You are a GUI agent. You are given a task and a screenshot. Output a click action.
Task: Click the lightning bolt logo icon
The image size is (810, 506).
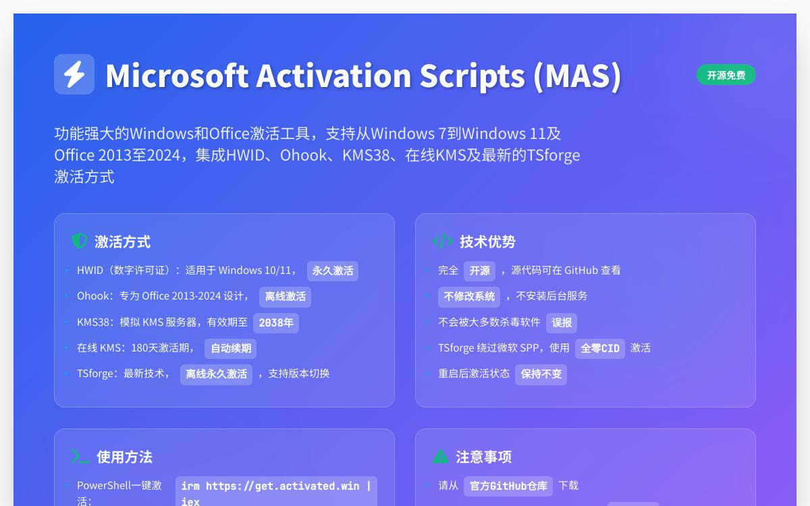[x=74, y=74]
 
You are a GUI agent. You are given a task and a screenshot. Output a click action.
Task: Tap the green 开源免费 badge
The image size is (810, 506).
[x=726, y=75]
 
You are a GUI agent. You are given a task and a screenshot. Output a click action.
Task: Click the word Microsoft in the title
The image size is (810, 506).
[x=177, y=75]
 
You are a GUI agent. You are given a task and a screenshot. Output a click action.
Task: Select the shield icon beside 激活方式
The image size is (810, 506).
[x=80, y=241]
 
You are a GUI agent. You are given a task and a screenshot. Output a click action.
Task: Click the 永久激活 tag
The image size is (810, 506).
[x=332, y=271]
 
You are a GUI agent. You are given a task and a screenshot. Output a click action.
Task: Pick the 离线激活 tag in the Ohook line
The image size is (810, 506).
[x=285, y=296]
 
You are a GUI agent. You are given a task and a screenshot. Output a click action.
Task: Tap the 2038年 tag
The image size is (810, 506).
[x=275, y=322]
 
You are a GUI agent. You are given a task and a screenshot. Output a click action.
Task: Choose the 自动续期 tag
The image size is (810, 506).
[x=230, y=348]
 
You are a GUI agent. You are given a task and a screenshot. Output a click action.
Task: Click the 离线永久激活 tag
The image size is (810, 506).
[x=216, y=374]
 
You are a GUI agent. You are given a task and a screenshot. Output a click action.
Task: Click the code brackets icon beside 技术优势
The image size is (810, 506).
[x=442, y=241]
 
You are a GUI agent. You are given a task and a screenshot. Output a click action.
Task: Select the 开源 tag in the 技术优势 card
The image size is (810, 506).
[x=479, y=271]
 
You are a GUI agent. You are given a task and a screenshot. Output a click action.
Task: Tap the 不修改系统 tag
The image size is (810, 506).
[x=469, y=296]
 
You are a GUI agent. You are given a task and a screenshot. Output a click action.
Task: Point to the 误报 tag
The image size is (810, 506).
[x=561, y=322]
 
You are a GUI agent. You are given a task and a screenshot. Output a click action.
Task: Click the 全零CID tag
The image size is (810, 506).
[x=599, y=348]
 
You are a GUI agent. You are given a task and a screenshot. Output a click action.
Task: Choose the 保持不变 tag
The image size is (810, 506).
[x=541, y=374]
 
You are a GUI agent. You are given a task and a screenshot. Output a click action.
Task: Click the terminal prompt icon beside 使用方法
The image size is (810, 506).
[x=80, y=457]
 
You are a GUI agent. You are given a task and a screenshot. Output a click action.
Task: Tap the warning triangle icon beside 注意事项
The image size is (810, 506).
[x=440, y=457]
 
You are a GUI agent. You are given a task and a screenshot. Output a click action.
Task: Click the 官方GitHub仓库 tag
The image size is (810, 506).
[x=508, y=486]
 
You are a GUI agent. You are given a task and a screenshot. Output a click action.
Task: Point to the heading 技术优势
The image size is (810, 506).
[x=487, y=242]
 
